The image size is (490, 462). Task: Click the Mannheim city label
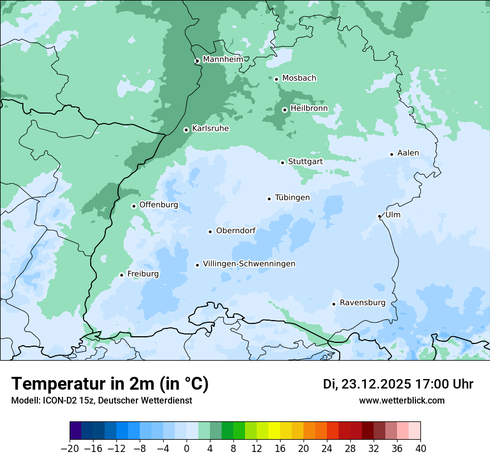(223, 60)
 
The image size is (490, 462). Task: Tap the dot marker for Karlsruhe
(187, 130)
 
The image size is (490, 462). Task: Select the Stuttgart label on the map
(305, 161)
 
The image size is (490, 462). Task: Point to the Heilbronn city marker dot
(285, 110)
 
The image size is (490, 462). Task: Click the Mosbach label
(299, 78)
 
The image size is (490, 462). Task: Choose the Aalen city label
(408, 153)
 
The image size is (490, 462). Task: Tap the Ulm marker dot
(379, 216)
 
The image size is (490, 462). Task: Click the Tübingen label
(292, 198)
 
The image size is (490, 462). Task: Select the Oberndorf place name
(236, 230)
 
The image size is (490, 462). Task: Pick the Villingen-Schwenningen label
(249, 264)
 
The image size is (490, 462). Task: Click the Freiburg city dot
(121, 275)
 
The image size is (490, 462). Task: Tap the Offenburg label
(159, 205)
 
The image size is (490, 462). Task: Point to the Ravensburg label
(362, 303)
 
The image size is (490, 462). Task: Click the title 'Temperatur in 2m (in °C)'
(110, 384)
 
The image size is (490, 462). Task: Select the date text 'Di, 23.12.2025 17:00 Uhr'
(398, 384)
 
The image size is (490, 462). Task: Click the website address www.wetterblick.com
(401, 401)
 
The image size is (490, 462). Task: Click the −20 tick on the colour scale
(70, 449)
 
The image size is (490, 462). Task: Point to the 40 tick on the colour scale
(420, 449)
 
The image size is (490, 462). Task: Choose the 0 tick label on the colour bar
(187, 449)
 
